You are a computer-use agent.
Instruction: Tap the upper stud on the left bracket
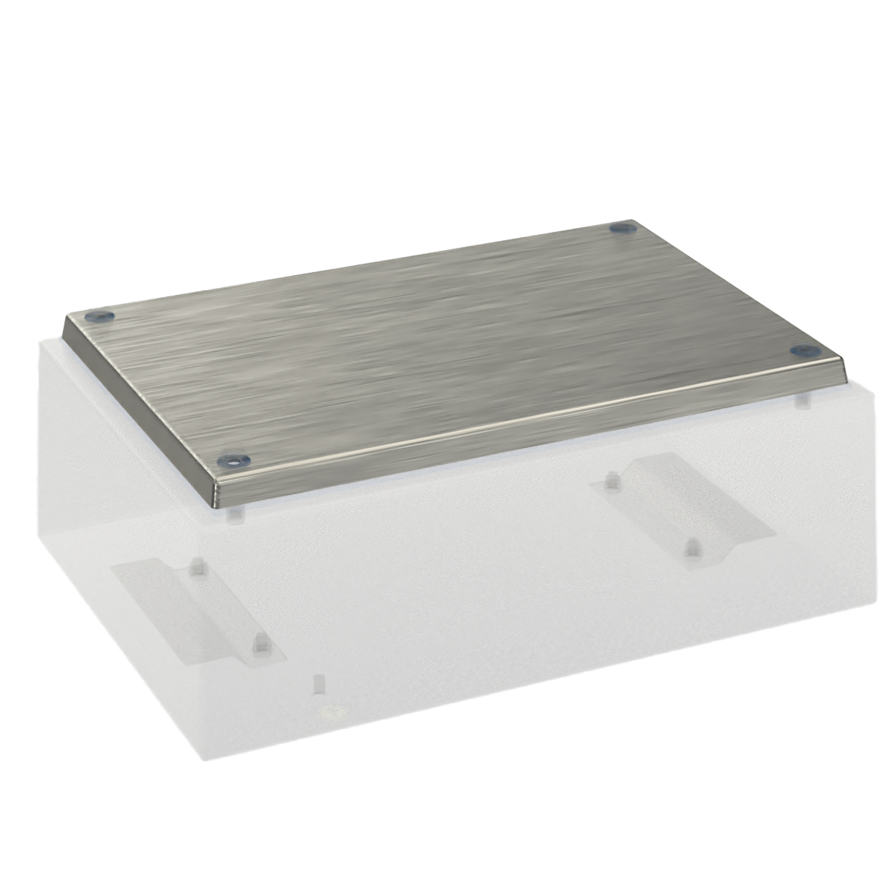pyautogui.click(x=199, y=565)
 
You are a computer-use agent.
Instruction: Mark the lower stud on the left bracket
pyautogui.click(x=259, y=643)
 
